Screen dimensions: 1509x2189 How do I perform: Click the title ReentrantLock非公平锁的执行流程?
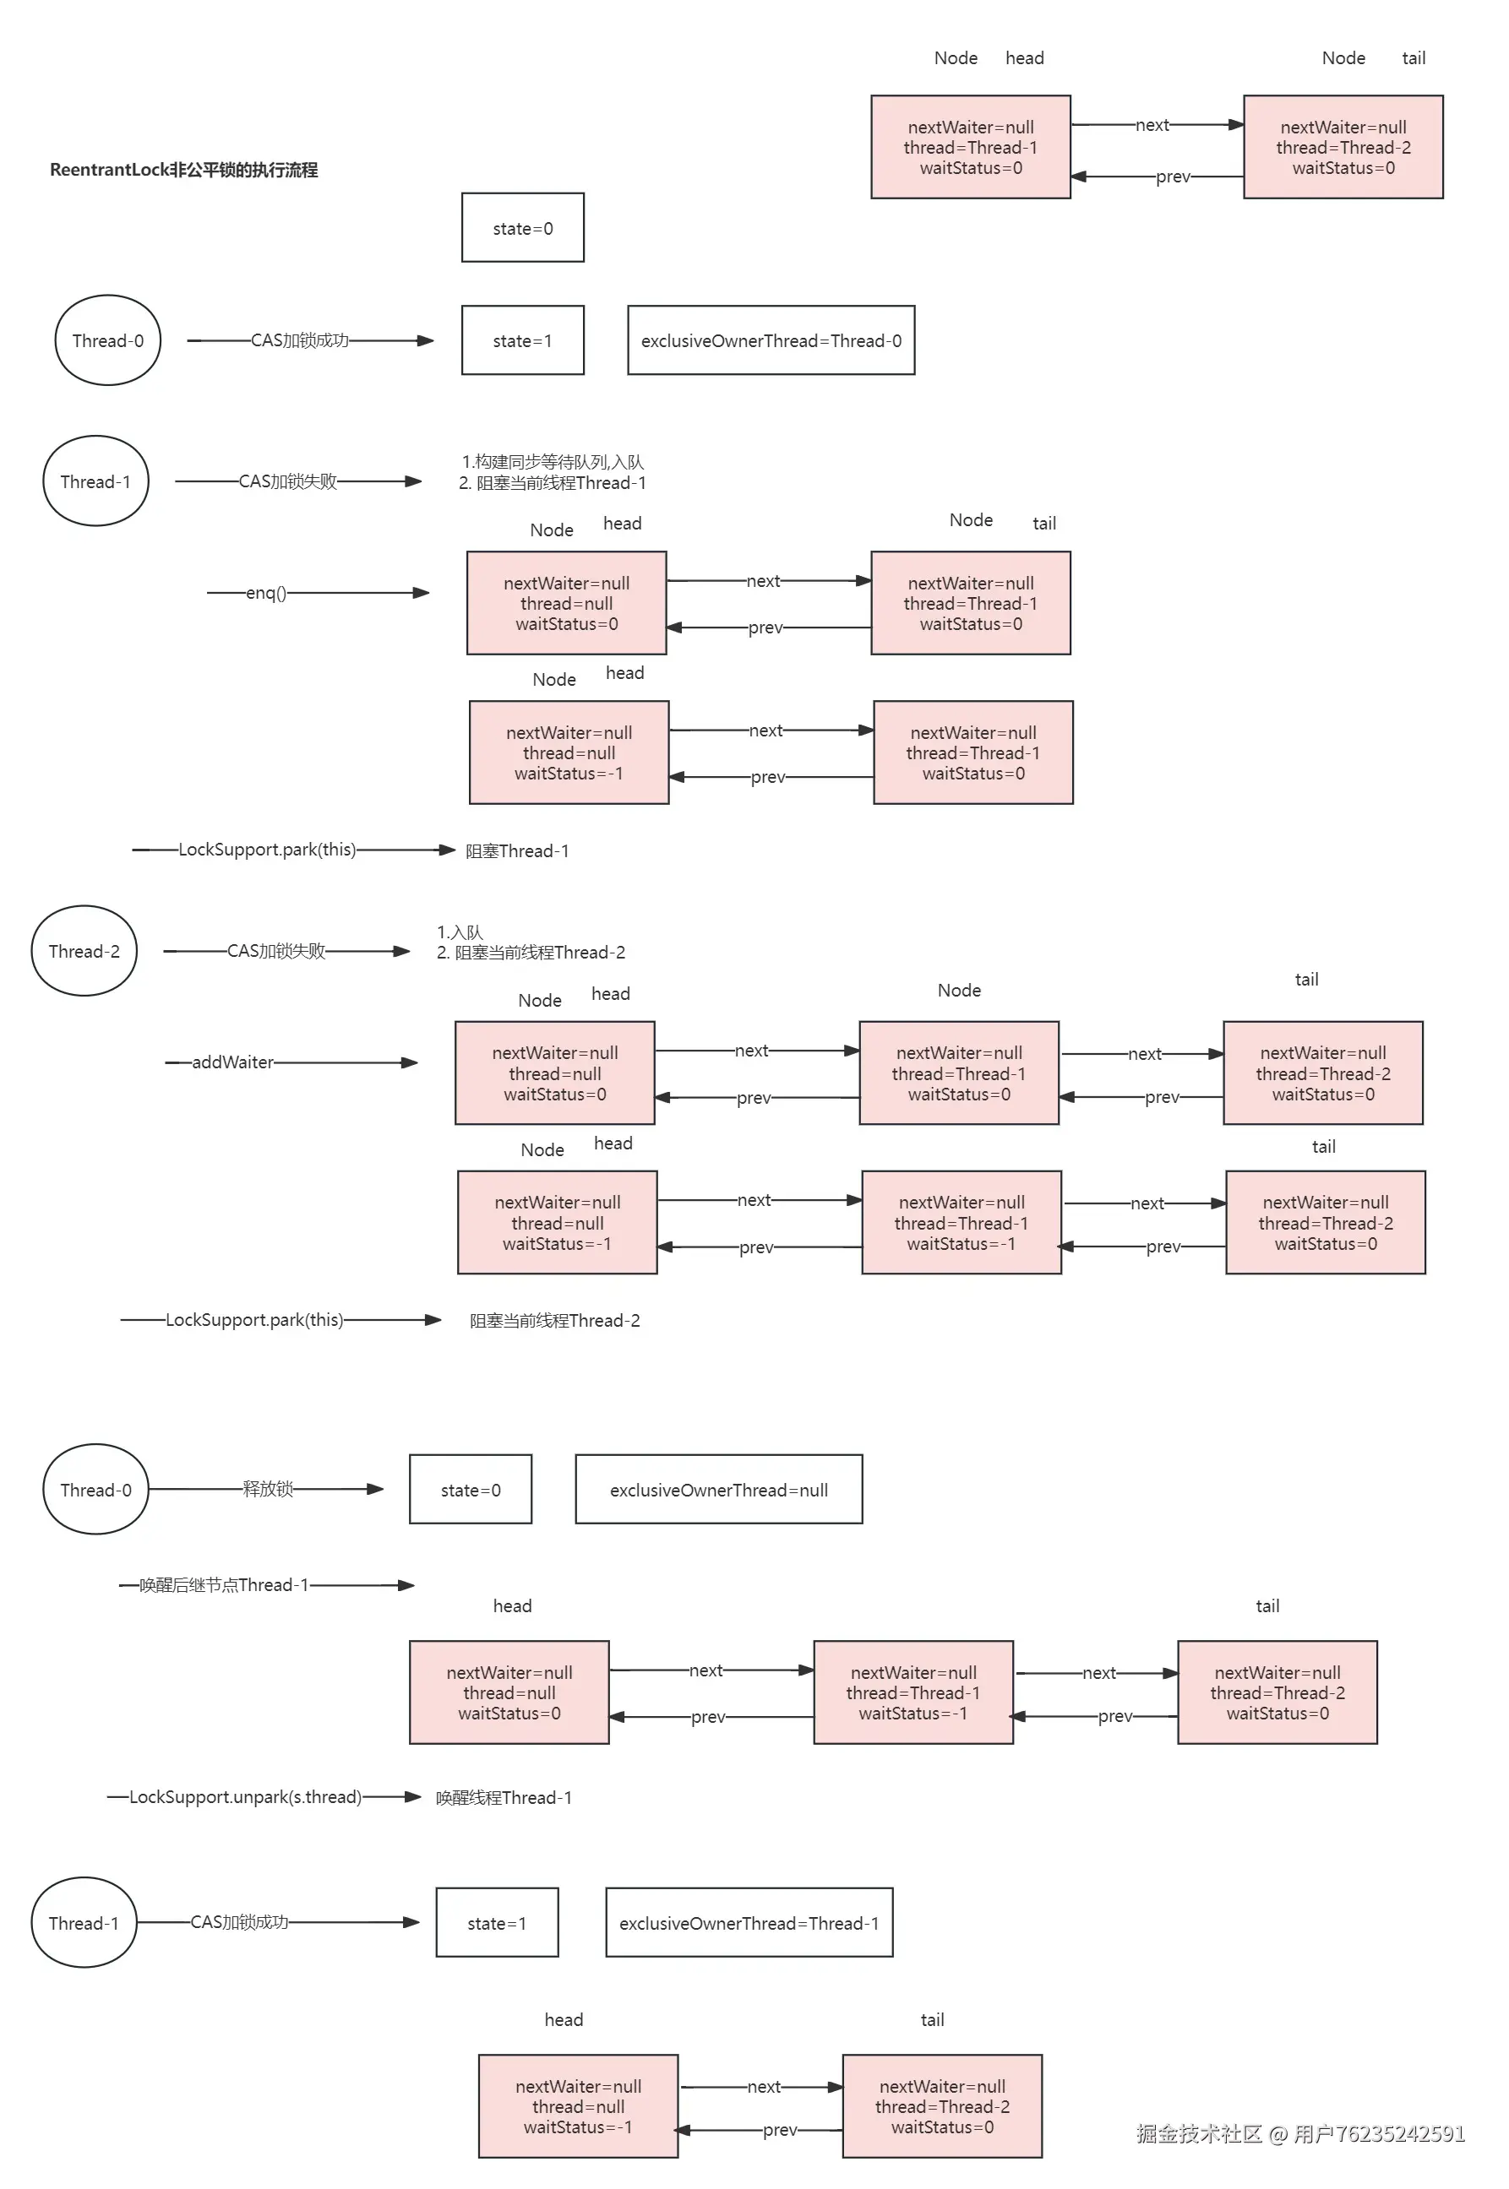[x=183, y=170]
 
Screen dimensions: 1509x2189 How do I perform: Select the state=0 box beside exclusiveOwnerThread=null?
[x=471, y=1490]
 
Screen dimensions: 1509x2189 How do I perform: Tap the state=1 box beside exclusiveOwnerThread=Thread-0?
[x=523, y=340]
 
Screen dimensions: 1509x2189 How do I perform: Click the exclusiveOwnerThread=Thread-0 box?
[x=771, y=340]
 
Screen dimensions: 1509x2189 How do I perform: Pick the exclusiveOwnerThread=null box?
[x=718, y=1490]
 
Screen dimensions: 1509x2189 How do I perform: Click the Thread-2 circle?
[x=84, y=951]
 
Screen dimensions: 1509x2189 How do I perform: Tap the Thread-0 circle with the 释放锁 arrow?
[x=95, y=1490]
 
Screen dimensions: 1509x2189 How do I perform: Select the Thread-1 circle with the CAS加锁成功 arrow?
[x=84, y=1922]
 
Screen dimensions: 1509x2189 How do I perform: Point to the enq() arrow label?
[x=265, y=593]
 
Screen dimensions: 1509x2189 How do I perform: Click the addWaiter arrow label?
[x=232, y=1062]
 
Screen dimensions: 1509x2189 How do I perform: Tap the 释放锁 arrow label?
[x=268, y=1490]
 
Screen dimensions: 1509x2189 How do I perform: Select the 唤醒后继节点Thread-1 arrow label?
[x=224, y=1585]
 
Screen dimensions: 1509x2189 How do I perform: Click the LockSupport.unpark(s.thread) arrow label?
[x=246, y=1797]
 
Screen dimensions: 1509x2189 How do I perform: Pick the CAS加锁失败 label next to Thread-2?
[x=276, y=951]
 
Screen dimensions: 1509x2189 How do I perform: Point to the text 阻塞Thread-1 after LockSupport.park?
[x=517, y=850]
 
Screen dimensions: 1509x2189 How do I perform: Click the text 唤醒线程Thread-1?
[x=504, y=1798]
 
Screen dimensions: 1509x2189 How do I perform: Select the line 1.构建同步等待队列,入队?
[x=553, y=462]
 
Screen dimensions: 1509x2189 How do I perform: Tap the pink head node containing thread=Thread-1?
[x=971, y=146]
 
